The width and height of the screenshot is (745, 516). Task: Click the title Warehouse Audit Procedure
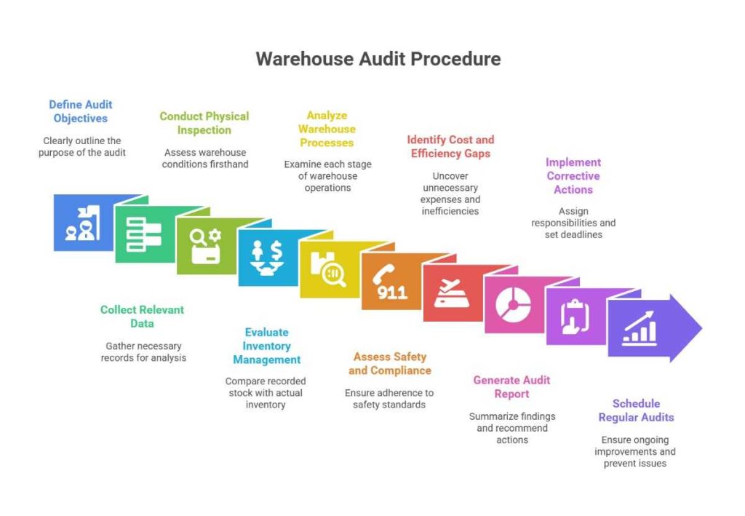pos(378,59)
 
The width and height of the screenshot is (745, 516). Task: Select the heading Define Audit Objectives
pos(80,111)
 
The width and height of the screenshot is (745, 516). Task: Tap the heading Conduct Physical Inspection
pos(204,123)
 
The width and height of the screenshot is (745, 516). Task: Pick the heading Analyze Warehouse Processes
pos(327,129)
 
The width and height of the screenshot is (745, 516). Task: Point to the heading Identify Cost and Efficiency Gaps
pos(450,146)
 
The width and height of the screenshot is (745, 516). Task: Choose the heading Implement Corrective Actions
pos(573,176)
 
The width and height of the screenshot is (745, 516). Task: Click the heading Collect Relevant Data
pos(142,317)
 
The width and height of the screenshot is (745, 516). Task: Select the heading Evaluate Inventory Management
pos(266,346)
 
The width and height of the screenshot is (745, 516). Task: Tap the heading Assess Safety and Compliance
pos(389,364)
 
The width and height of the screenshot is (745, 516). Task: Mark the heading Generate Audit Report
pos(511,387)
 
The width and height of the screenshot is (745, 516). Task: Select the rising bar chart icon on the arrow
pos(639,328)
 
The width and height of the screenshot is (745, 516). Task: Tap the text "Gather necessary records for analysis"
pos(143,352)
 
